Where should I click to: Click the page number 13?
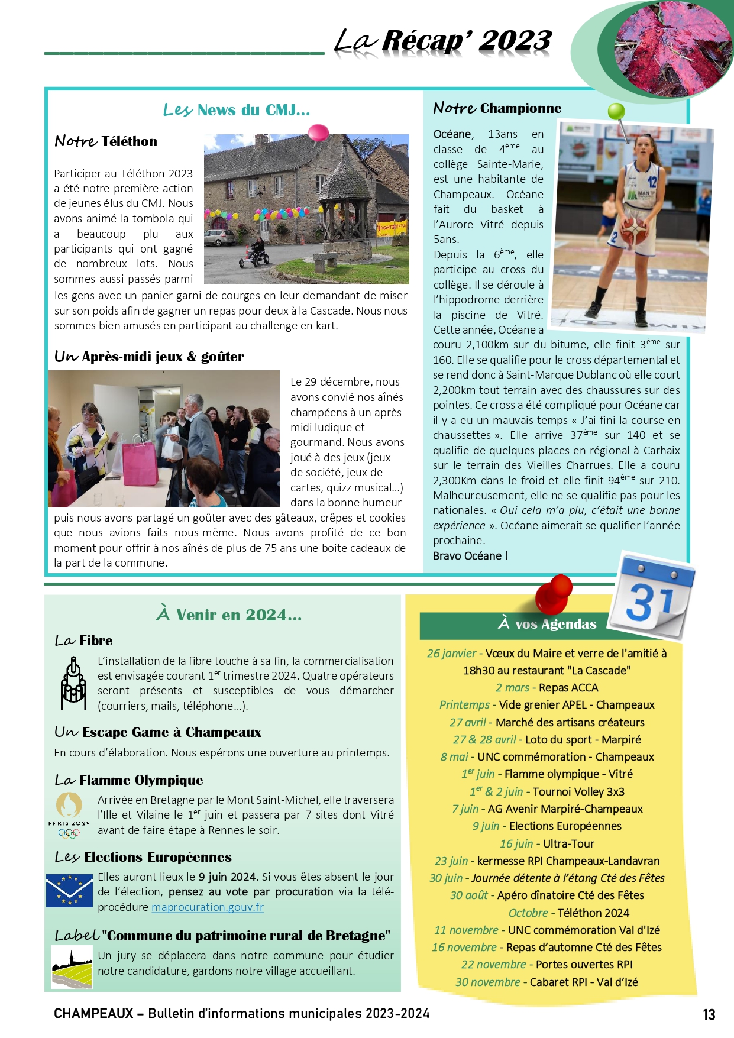(709, 1014)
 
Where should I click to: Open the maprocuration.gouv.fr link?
(207, 907)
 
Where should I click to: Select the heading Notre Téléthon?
(106, 141)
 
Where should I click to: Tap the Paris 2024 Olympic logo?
(69, 815)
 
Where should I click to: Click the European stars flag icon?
(69, 891)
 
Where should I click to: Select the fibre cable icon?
(73, 684)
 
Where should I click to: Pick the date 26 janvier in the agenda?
(451, 654)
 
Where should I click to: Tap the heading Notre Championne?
(497, 108)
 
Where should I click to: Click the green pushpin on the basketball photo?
(616, 112)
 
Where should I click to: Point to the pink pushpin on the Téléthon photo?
(318, 132)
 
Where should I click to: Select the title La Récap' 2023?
(443, 41)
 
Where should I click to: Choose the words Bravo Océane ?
(470, 556)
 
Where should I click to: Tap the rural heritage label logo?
(72, 966)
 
